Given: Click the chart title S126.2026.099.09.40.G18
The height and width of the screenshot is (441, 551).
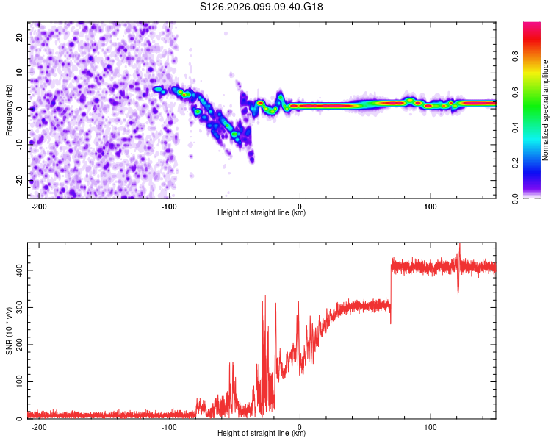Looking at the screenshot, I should pos(262,7).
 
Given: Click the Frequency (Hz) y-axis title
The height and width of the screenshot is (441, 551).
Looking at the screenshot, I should pos(9,110).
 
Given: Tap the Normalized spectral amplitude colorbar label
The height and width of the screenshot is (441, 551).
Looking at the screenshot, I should pos(545,110).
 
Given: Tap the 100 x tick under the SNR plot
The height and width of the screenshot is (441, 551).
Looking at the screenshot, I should pos(430,426).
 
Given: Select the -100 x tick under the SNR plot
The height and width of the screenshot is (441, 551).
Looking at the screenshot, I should pos(169,426).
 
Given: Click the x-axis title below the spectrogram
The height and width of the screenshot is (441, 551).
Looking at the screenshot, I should pos(262,213).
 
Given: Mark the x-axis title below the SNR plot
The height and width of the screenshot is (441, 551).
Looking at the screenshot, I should pos(262,434).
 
